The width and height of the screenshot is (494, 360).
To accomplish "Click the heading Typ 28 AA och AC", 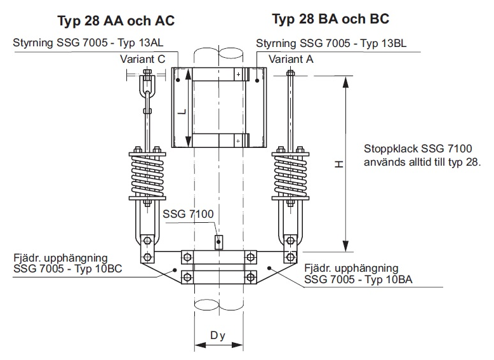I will (x=116, y=21).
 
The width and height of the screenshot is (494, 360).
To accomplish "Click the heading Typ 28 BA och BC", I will (x=330, y=19).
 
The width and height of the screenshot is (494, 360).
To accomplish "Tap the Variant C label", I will (x=144, y=59).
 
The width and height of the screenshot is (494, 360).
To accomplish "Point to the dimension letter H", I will (x=339, y=164).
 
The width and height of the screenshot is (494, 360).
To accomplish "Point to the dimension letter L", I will (x=181, y=112).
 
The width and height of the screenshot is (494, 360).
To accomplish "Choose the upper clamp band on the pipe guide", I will (x=216, y=75).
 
